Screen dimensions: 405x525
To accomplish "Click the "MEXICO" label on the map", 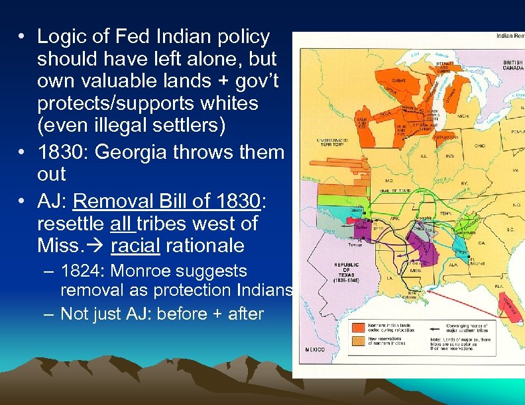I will pyautogui.click(x=315, y=349).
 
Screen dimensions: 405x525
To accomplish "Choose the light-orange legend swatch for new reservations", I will pyautogui.click(x=357, y=341).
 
